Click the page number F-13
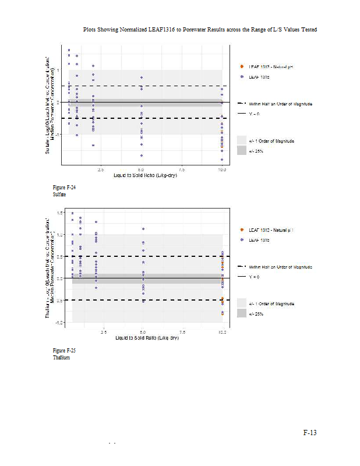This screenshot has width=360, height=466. click(310, 432)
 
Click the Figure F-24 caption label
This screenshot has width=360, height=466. click(64, 188)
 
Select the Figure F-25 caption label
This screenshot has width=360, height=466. click(64, 351)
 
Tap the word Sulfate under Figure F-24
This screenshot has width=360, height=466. click(59, 195)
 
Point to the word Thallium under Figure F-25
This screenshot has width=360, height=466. click(61, 358)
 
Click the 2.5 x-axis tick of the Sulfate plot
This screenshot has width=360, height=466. click(100, 170)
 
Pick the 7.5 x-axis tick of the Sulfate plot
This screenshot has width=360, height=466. click(182, 170)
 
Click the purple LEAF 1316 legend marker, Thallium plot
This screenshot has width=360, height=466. click(242, 239)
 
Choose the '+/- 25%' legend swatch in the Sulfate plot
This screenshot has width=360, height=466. click(242, 150)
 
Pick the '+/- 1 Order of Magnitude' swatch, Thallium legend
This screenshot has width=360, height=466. click(242, 303)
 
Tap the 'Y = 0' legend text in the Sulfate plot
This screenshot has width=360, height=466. click(254, 113)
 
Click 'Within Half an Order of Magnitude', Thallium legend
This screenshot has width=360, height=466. click(280, 266)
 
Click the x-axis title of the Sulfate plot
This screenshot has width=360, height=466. click(146, 175)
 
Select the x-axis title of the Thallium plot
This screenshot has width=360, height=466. click(146, 337)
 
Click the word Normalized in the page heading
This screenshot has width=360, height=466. click(131, 29)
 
